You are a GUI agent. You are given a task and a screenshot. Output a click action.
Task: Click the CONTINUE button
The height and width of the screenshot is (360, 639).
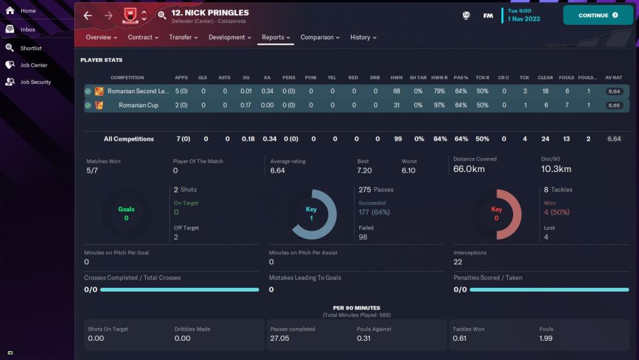point(597,15)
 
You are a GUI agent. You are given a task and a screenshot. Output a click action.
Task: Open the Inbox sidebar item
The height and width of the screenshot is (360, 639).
point(27,29)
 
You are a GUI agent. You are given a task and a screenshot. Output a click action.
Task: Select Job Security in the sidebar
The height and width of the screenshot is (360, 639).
point(35,82)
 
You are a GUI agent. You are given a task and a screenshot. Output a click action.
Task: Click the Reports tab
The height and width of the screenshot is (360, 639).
point(275,38)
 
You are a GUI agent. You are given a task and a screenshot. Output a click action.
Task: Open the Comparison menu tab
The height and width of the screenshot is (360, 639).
point(320,38)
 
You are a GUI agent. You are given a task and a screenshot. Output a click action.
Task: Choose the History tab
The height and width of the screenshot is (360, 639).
point(363,38)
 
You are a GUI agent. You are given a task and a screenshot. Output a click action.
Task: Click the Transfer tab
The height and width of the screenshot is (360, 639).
point(183,38)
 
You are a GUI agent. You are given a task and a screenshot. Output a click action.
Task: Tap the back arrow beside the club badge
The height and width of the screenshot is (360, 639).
point(88,16)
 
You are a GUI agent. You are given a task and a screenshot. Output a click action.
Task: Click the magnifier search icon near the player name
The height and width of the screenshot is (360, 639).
point(162,16)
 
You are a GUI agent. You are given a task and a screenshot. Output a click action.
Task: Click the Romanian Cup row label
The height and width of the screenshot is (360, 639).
point(138,106)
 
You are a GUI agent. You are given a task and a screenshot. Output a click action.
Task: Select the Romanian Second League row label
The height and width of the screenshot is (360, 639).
point(138,91)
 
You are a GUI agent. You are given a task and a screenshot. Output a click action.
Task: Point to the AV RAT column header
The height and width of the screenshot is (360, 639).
point(613,78)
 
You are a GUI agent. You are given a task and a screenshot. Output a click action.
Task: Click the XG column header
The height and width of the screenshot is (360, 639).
point(246,78)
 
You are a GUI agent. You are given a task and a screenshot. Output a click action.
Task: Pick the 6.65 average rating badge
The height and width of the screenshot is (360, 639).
point(614,106)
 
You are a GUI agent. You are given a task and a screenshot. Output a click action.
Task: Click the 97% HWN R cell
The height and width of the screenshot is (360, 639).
point(439,106)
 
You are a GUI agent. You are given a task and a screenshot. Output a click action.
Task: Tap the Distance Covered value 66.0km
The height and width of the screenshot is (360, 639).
point(470,169)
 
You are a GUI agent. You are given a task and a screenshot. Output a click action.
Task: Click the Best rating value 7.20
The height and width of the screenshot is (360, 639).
point(364,171)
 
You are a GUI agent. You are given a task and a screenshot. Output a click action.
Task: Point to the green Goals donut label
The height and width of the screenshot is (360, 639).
point(127,210)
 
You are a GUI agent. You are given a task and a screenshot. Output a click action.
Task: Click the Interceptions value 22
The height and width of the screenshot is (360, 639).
point(458,262)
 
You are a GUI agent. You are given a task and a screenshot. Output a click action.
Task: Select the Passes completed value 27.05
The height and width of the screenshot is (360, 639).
point(280,338)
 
